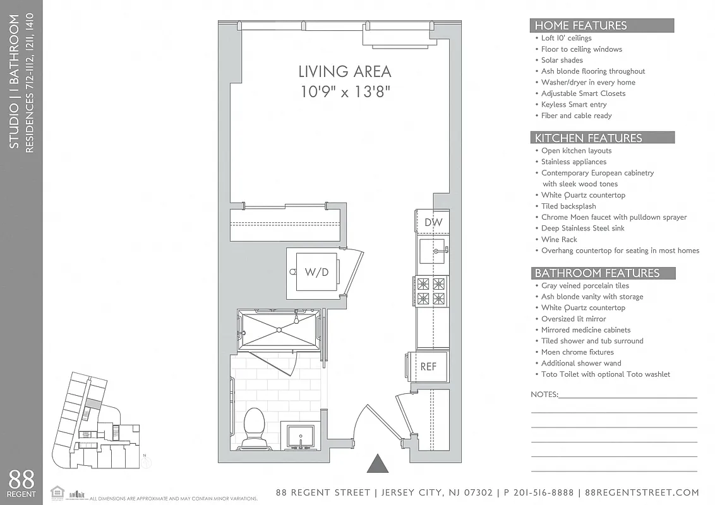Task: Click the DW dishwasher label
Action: pyautogui.click(x=433, y=222)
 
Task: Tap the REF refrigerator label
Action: pyautogui.click(x=428, y=366)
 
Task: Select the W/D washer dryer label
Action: pyautogui.click(x=316, y=273)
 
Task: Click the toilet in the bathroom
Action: pyautogui.click(x=255, y=427)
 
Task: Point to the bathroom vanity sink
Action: pyautogui.click(x=300, y=436)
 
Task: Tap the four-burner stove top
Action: pyautogui.click(x=431, y=291)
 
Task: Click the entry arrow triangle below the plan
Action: pyautogui.click(x=378, y=464)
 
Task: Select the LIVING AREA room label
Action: pyautogui.click(x=344, y=71)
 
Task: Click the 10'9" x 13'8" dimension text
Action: pyautogui.click(x=344, y=92)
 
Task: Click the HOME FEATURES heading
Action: pyautogui.click(x=580, y=26)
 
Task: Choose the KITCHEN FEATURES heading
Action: pyautogui.click(x=588, y=138)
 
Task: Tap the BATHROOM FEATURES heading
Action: pyautogui.click(x=597, y=273)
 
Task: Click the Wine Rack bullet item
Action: pyautogui.click(x=559, y=240)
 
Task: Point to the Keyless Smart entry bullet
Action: pyautogui.click(x=574, y=105)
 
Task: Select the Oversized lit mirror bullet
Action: pyautogui.click(x=573, y=319)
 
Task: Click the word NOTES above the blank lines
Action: pyautogui.click(x=544, y=395)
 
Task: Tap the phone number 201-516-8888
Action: pyautogui.click(x=539, y=493)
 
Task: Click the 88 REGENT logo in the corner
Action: pyautogui.click(x=21, y=484)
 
